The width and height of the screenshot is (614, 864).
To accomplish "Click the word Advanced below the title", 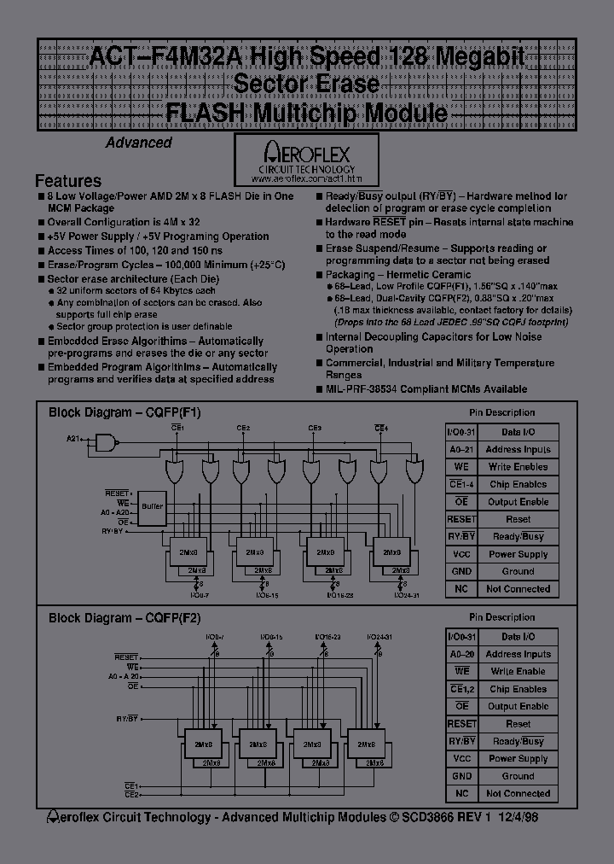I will pos(139,143).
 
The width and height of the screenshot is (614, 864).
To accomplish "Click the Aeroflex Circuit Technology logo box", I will pos(307,161).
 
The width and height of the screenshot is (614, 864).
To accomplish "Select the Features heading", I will pos(68,181).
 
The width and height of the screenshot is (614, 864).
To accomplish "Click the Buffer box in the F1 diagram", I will pos(152,506).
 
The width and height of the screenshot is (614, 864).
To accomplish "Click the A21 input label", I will pos(74,440).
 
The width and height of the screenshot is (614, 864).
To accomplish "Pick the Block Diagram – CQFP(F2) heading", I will pos(125,617).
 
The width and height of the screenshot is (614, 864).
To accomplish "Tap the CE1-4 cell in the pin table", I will pos(460,484).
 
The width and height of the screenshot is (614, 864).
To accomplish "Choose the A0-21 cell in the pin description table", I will pos(460,449).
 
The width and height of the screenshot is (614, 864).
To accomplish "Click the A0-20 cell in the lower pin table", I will pos(461,654).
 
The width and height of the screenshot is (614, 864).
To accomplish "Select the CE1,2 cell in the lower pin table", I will pos(461,689).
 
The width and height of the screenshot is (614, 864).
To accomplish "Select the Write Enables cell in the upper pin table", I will pos(518,467).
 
